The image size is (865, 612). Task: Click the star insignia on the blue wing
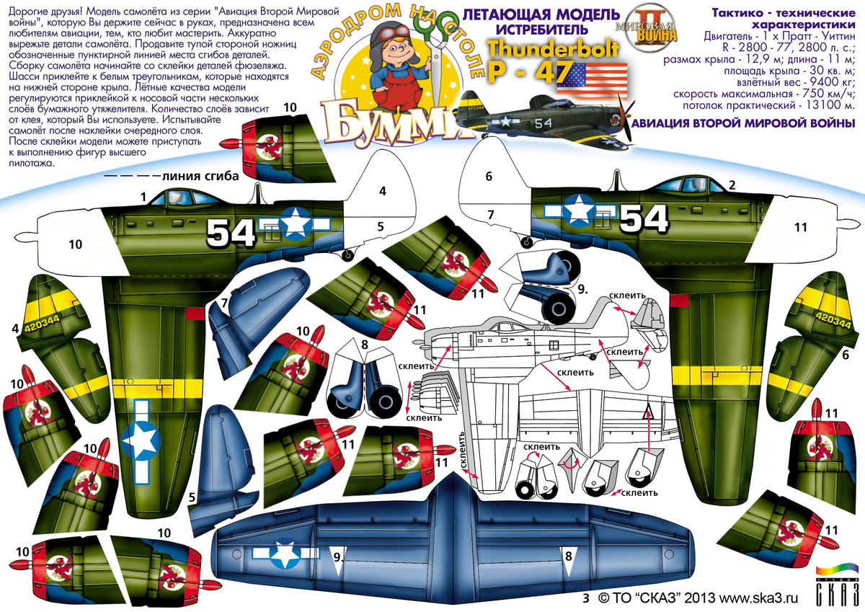coord(285,554)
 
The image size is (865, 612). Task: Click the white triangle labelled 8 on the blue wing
coord(569,562)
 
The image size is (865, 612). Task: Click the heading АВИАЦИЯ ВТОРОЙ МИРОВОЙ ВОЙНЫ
coord(742,123)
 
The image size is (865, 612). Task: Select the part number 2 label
coord(732,185)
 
